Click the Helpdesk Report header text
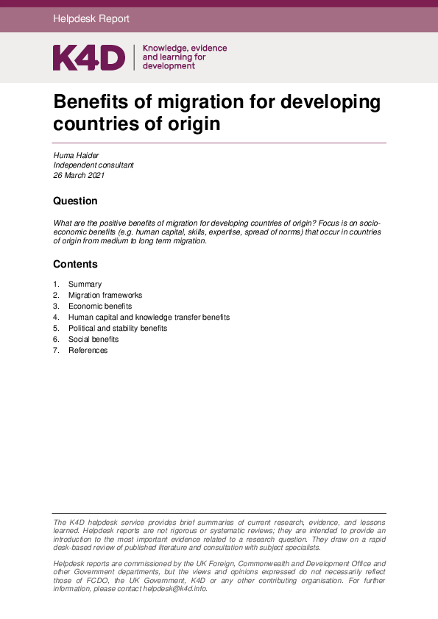tap(91, 19)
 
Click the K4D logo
tap(88, 57)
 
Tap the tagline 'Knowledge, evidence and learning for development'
tap(184, 57)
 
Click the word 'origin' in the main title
tap(194, 124)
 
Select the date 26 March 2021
tap(79, 176)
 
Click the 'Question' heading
tap(75, 201)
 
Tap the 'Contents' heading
tap(75, 264)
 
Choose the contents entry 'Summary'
tap(85, 285)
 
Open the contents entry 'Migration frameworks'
tap(105, 296)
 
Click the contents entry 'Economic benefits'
tap(100, 307)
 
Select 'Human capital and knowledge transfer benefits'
tap(149, 318)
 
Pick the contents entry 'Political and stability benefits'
tap(118, 329)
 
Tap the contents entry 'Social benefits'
tap(93, 340)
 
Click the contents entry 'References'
tap(88, 351)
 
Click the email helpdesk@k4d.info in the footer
tap(174, 589)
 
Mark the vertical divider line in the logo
tap(134, 57)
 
